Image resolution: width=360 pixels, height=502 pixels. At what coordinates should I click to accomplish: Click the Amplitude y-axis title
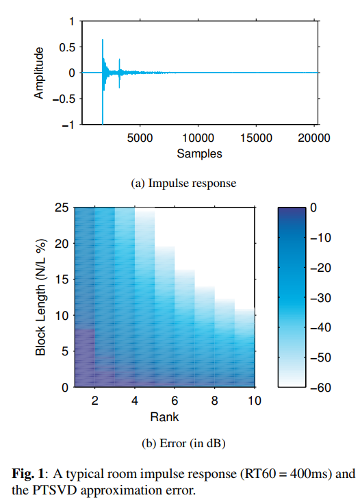click(40, 73)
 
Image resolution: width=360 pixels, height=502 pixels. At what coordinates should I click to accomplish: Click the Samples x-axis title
click(199, 153)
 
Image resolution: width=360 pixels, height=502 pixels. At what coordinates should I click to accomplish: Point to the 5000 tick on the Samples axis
click(140, 138)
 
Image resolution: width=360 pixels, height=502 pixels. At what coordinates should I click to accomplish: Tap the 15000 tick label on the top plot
click(257, 138)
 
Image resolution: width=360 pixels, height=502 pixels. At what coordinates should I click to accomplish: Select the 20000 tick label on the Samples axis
click(315, 138)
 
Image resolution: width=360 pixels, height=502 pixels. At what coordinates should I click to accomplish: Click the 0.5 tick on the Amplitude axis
click(66, 47)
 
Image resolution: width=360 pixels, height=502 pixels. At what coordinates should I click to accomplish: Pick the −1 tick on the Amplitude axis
click(68, 125)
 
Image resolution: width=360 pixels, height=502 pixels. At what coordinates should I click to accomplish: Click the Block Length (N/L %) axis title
click(40, 297)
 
